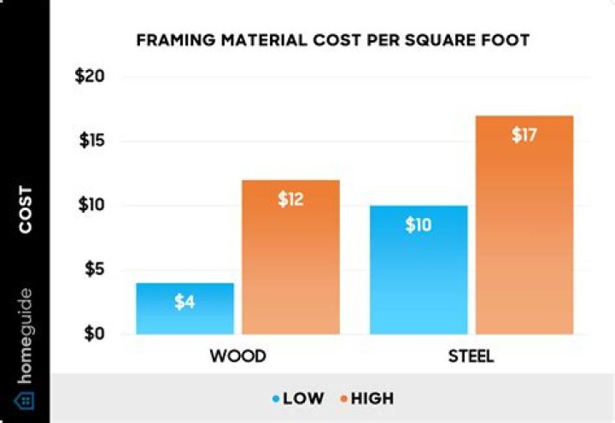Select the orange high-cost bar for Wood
coord(290,256)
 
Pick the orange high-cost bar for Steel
coord(524,224)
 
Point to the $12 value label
coord(290,200)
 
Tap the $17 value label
coord(524,135)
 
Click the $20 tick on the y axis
coord(92,77)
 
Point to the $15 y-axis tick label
coord(92,141)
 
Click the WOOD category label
coord(238,356)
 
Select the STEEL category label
coord(471,356)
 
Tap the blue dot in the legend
coord(276,398)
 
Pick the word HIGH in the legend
coord(372,398)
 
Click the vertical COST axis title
coord(26,209)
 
